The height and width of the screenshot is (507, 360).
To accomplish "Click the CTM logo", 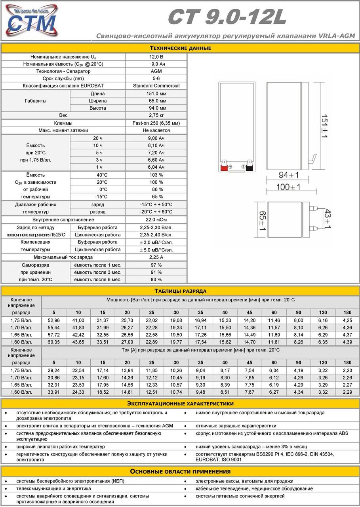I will pyautogui.click(x=30, y=21).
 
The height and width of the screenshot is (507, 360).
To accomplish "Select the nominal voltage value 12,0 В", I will pyautogui.click(x=156, y=57).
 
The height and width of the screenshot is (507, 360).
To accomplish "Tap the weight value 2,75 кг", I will pyautogui.click(x=156, y=115).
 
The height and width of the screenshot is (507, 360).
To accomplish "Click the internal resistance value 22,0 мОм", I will pyautogui.click(x=156, y=219).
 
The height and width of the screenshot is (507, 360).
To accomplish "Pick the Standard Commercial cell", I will pyautogui.click(x=156, y=86).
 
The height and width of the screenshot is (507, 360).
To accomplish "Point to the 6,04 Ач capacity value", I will pyautogui.click(x=156, y=167).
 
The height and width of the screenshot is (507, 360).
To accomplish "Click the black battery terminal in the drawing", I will pyautogui.click(x=250, y=167).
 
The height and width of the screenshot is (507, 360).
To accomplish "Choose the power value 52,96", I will pyautogui.click(x=54, y=320).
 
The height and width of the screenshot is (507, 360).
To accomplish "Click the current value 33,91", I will pyautogui.click(x=54, y=392).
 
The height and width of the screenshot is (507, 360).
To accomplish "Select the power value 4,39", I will pyautogui.click(x=347, y=342).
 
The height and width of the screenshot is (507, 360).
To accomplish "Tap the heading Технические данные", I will pyautogui.click(x=180, y=48).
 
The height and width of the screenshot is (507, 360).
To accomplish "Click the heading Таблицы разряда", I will pyautogui.click(x=180, y=291).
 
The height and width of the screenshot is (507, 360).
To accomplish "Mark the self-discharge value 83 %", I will pyautogui.click(x=156, y=280).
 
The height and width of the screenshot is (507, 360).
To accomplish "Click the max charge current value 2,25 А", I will pyautogui.click(x=156, y=257).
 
